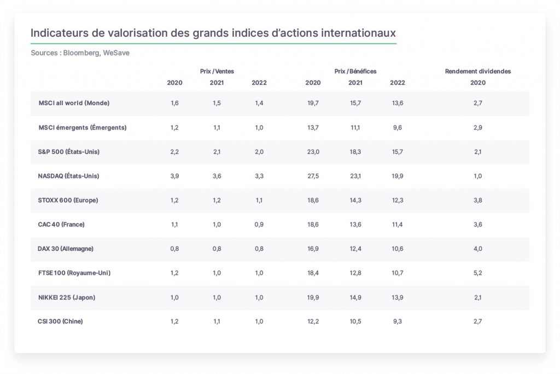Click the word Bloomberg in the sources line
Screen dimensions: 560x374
[x=81, y=53]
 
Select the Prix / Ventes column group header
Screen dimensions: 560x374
[x=217, y=71]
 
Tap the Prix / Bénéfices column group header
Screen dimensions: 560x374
[x=355, y=71]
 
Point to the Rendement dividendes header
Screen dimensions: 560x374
[x=478, y=71]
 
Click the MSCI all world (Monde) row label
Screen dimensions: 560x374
[x=74, y=103]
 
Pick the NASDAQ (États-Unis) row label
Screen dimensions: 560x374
[x=68, y=176]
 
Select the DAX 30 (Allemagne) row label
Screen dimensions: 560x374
[x=66, y=249]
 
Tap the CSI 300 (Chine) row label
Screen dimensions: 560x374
[x=60, y=321]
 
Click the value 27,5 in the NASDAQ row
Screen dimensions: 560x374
[x=313, y=176]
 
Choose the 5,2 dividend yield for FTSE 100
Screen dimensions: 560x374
[x=478, y=273]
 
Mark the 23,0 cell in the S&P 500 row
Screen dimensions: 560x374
[x=313, y=152]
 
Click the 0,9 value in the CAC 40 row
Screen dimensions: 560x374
[x=259, y=225]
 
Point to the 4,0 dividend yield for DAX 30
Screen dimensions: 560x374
[x=478, y=249]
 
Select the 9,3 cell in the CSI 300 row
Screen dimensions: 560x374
[x=398, y=321]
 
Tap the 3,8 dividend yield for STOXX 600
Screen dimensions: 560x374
[x=478, y=200]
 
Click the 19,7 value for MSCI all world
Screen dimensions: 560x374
[x=313, y=103]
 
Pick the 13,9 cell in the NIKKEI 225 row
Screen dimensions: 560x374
[x=398, y=297]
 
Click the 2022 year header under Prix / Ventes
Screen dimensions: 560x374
[x=259, y=83]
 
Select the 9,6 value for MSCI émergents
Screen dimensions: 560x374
[x=398, y=127]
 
